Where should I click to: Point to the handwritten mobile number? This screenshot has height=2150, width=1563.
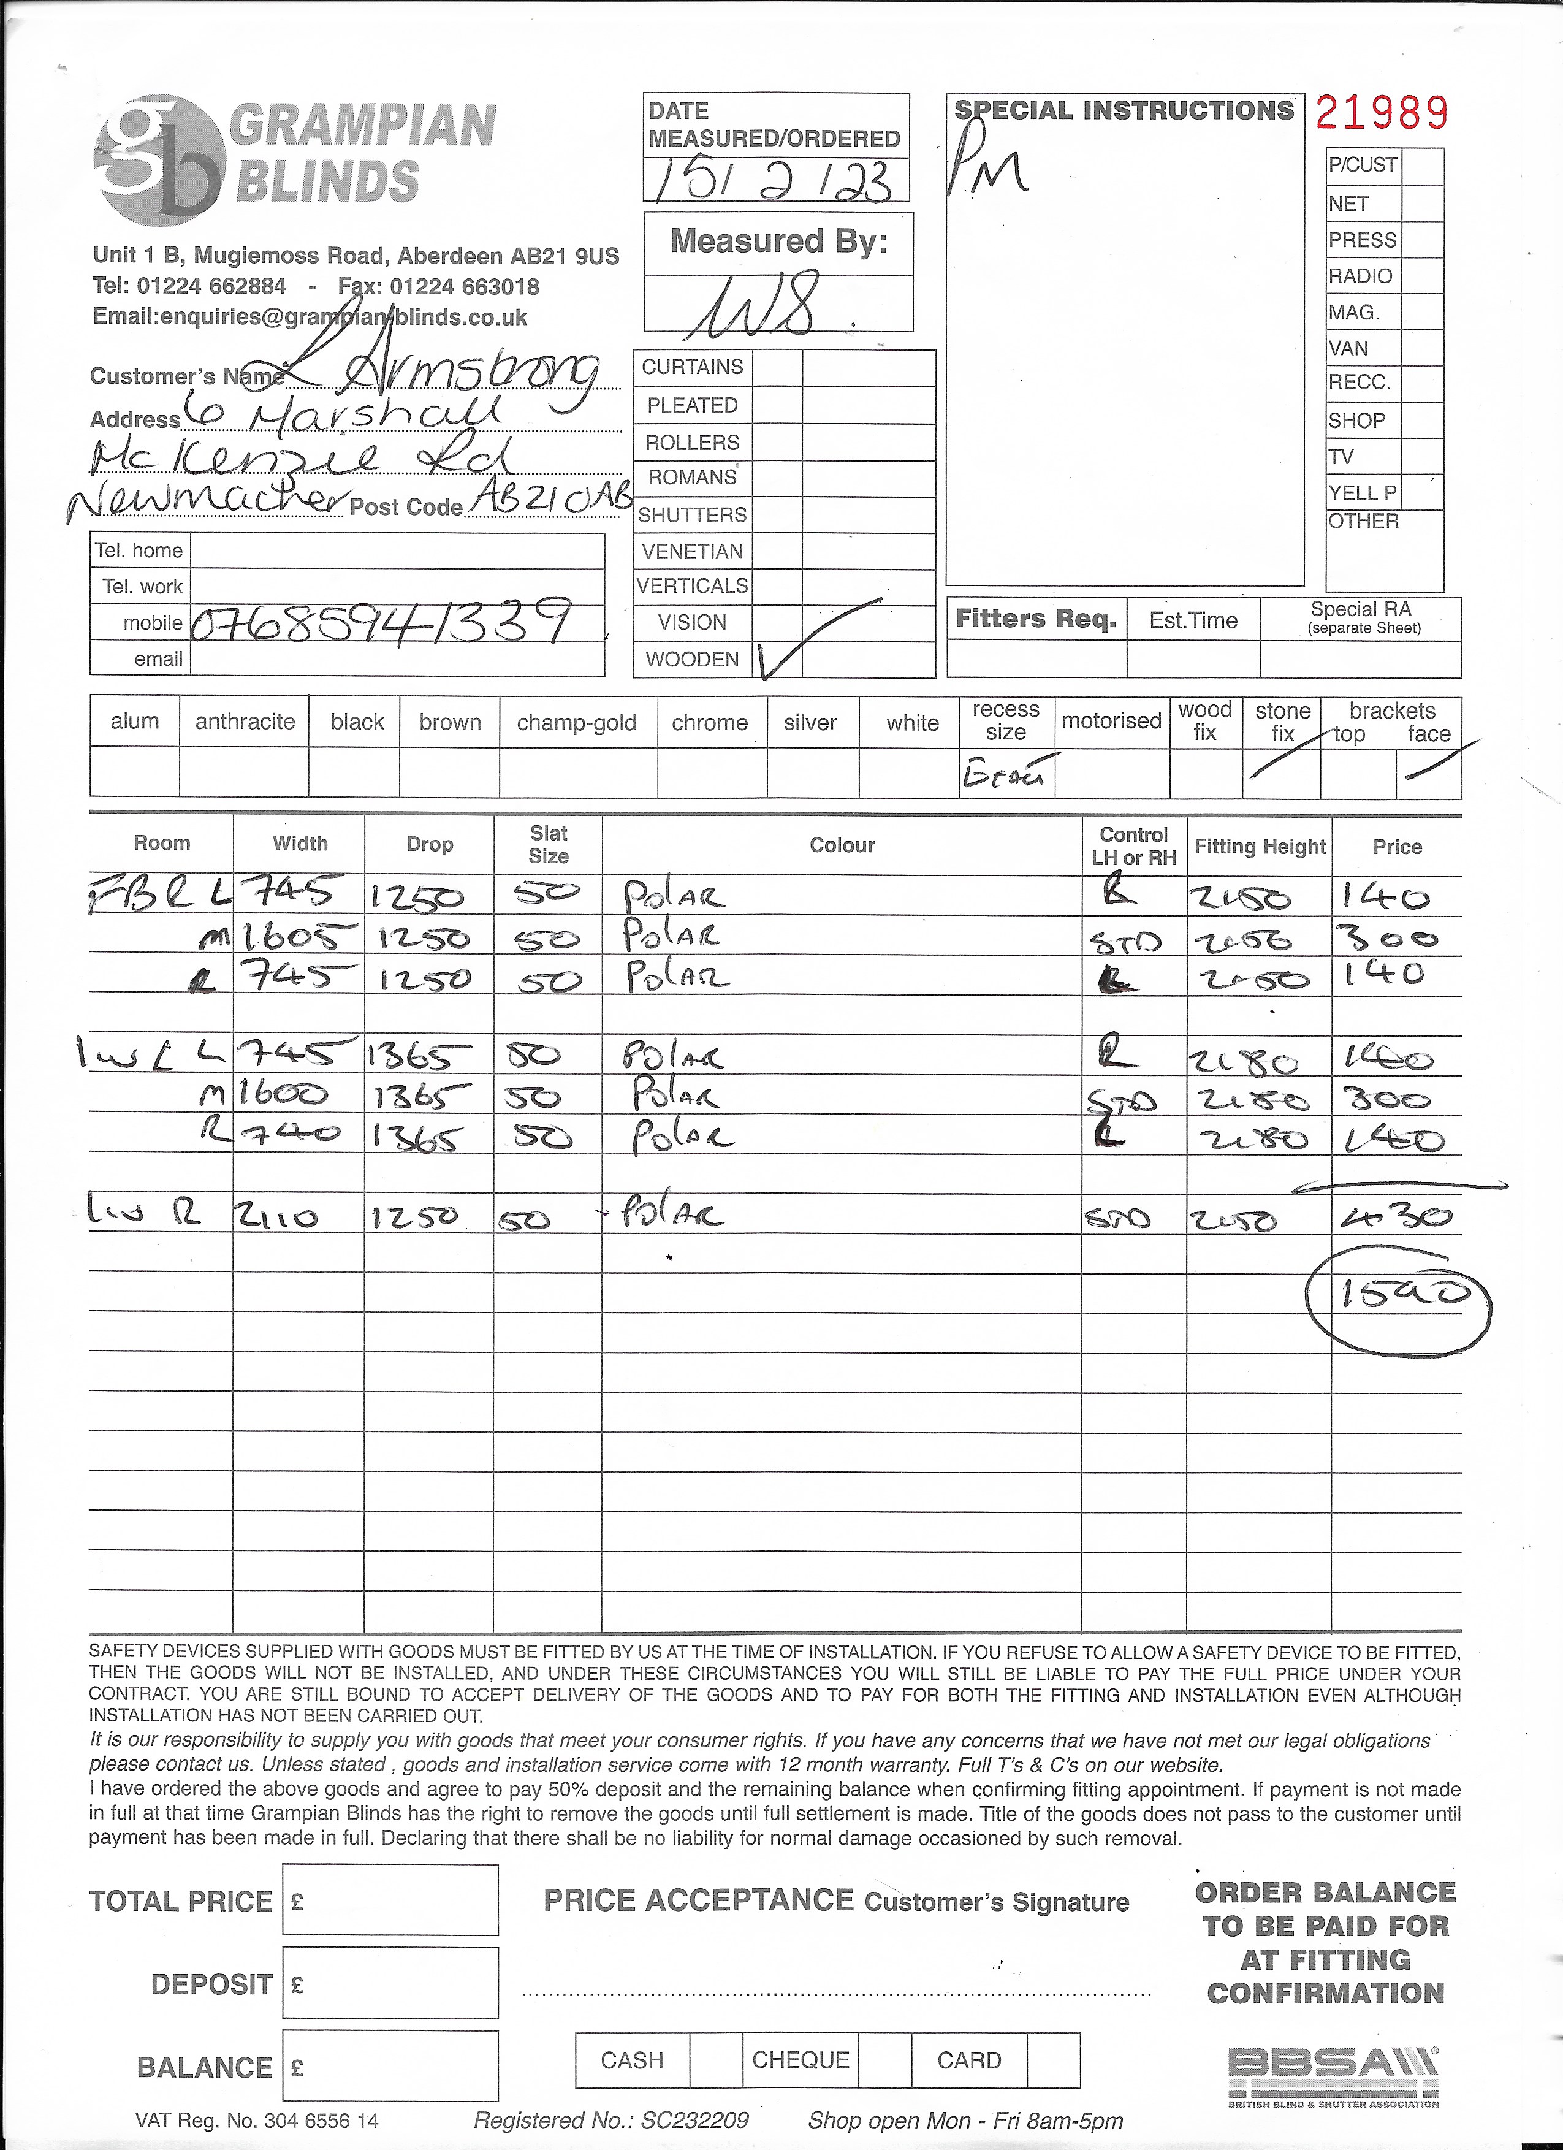[x=380, y=622]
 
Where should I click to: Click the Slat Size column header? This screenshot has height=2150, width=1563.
[x=548, y=845]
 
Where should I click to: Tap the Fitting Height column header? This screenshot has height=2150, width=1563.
[x=1259, y=847]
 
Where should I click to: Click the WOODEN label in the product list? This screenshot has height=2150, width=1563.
[x=692, y=659]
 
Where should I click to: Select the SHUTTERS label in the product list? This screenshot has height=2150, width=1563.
[x=692, y=515]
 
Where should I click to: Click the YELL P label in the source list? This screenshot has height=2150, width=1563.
[x=1362, y=492]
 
